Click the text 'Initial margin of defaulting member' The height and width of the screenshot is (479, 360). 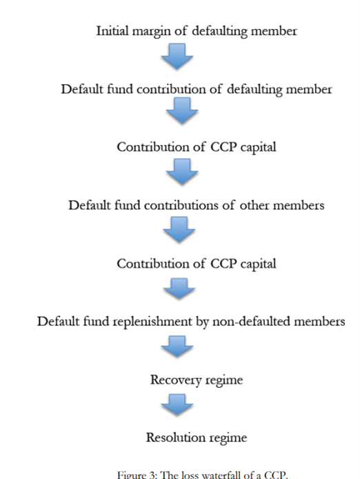[197, 31]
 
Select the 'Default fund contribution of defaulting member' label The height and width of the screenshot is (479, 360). [197, 90]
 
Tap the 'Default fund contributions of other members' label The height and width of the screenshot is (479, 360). [197, 205]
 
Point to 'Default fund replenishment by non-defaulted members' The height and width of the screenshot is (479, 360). [191, 322]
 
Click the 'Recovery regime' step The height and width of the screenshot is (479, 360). [197, 380]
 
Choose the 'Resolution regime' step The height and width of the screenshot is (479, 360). [197, 438]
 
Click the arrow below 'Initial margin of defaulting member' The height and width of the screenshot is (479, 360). [177, 56]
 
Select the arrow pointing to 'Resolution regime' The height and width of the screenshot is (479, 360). [177, 404]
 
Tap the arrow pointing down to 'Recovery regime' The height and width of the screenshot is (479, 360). [177, 346]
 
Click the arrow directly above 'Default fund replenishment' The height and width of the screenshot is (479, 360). [179, 289]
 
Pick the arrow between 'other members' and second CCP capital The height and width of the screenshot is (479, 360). [179, 230]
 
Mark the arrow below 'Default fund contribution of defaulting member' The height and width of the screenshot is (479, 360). [182, 110]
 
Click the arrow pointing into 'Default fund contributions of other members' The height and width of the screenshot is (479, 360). [182, 171]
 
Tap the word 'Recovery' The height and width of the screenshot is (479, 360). [176, 380]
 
